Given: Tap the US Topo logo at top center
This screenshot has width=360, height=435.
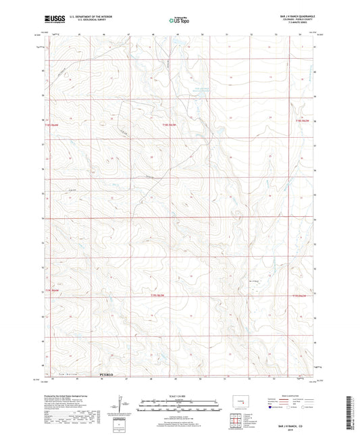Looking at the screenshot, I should [x=178, y=21].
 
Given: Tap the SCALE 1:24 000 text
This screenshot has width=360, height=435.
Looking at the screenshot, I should [x=179, y=396].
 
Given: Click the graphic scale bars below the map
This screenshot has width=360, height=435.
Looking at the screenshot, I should [x=179, y=406].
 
